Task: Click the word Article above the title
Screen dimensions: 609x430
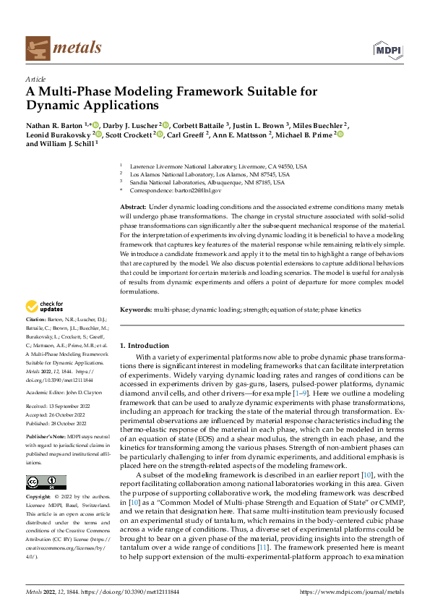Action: click(35, 79)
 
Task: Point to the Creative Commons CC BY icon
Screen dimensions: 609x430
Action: click(46, 482)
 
